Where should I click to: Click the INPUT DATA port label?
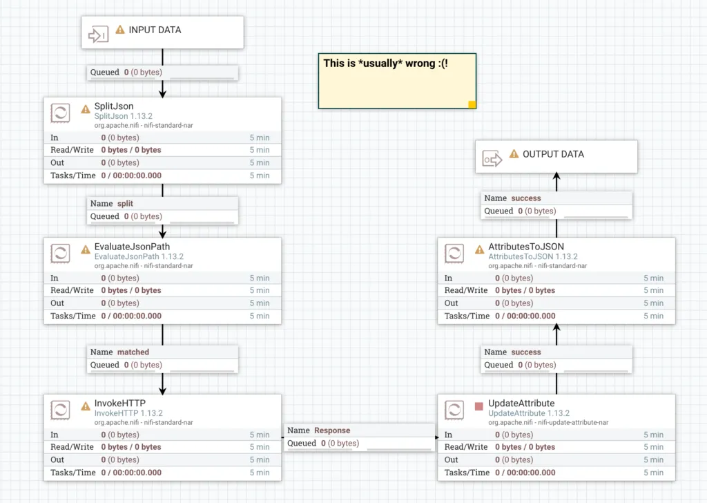[x=155, y=30]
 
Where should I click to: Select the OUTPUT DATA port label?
[x=553, y=154]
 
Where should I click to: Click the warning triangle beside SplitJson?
[x=86, y=108]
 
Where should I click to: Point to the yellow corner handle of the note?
[x=472, y=105]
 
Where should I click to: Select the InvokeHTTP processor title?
[x=119, y=404]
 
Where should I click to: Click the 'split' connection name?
[x=125, y=204]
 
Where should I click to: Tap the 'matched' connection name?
[x=133, y=352]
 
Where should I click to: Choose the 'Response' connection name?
[x=332, y=430]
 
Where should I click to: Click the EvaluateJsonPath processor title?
[x=132, y=247]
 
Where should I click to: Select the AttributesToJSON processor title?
[x=526, y=247]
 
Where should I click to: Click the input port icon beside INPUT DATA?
[x=99, y=33]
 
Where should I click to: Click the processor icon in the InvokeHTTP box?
[x=61, y=410]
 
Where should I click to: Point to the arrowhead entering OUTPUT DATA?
[x=556, y=177]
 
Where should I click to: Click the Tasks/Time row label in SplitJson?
[x=72, y=175]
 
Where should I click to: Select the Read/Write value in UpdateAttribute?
[x=525, y=447]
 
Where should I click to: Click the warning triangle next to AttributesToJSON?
[x=480, y=249]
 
